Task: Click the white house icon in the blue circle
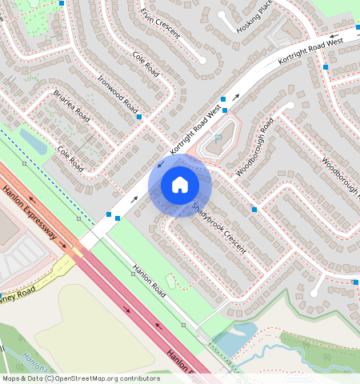180,186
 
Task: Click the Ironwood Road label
118,94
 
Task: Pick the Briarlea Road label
70,106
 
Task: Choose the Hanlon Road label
149,282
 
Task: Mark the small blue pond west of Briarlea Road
34,142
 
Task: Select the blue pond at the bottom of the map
234,338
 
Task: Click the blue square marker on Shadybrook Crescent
254,210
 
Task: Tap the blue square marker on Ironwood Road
139,117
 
